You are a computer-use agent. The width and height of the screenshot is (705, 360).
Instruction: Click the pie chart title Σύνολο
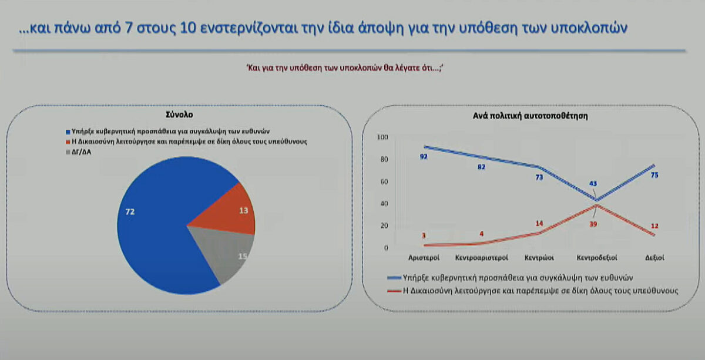179,115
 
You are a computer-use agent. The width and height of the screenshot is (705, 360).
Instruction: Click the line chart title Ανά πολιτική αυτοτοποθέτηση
531,116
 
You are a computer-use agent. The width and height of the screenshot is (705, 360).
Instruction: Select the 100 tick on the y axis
382,137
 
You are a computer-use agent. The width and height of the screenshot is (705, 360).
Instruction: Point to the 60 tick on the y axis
384,181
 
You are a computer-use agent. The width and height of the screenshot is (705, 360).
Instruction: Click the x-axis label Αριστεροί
424,258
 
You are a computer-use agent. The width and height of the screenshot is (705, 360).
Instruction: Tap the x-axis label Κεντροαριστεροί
482,258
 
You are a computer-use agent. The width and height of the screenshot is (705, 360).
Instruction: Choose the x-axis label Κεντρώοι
539,258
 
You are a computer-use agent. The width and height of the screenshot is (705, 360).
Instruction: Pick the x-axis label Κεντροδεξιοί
597,258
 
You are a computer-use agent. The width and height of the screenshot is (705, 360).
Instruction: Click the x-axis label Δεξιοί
654,258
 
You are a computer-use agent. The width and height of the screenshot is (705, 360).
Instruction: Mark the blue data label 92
424,156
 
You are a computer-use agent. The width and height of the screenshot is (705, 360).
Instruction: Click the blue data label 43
593,183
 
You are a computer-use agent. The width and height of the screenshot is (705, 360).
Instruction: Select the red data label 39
593,224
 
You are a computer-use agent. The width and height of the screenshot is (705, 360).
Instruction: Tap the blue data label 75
654,175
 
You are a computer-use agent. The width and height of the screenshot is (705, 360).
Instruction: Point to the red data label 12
654,226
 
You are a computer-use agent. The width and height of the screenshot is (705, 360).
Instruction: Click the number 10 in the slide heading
188,28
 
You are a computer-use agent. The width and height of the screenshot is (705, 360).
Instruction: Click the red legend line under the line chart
394,291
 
